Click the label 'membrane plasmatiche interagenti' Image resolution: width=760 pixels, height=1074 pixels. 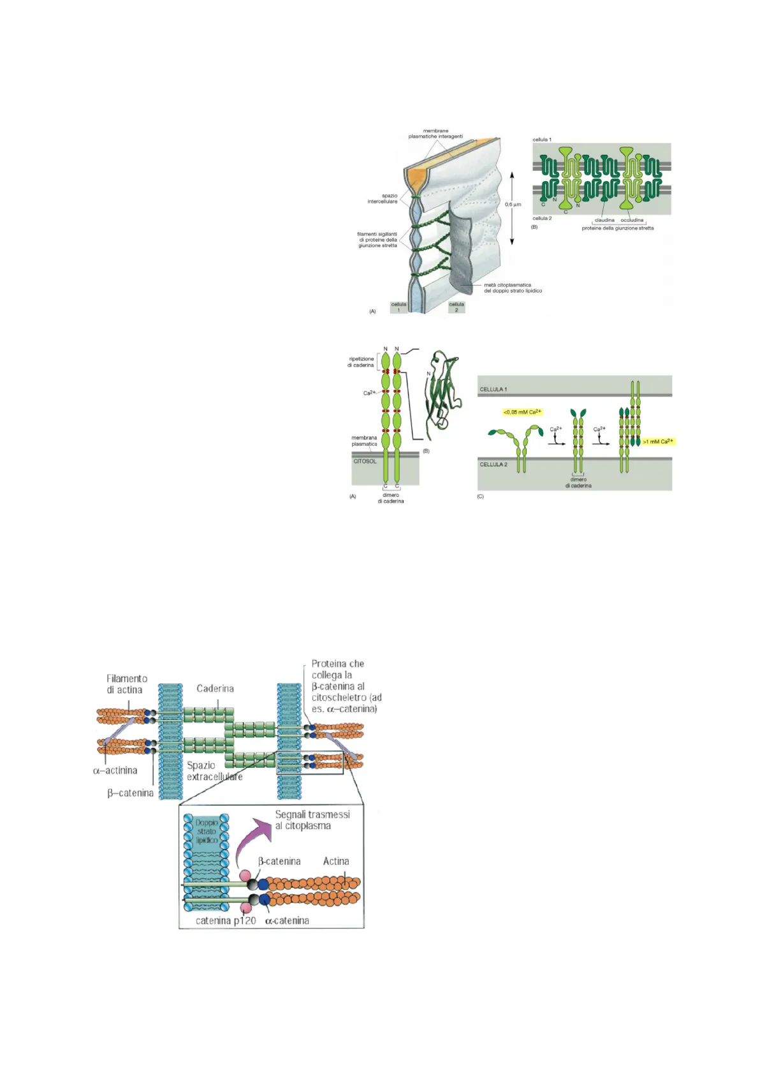coord(435,133)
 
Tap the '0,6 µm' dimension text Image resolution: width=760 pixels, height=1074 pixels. coord(513,205)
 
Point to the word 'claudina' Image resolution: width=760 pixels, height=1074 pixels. coord(604,220)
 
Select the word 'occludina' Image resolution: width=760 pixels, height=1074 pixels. coord(632,220)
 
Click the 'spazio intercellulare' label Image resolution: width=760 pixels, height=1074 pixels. coord(383,198)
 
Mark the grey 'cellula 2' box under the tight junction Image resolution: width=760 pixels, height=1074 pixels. coord(457,307)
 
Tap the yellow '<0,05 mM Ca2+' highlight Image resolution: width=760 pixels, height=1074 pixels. coord(522,412)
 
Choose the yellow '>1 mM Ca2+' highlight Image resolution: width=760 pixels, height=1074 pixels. coord(658,441)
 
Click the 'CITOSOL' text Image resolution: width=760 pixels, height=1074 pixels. coord(365,461)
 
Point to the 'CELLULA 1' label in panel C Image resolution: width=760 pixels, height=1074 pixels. coord(493,389)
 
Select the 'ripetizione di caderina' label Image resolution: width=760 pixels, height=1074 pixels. coord(361,362)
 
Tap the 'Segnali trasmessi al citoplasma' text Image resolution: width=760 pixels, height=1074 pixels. coord(312,820)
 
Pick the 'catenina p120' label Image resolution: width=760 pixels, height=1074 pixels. coord(226,920)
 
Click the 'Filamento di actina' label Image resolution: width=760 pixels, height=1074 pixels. coord(126,684)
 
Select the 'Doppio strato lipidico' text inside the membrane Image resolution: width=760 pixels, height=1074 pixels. coord(207,831)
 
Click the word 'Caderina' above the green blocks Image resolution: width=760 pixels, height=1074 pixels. coord(215,688)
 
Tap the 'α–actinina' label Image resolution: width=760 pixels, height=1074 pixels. coord(115,770)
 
